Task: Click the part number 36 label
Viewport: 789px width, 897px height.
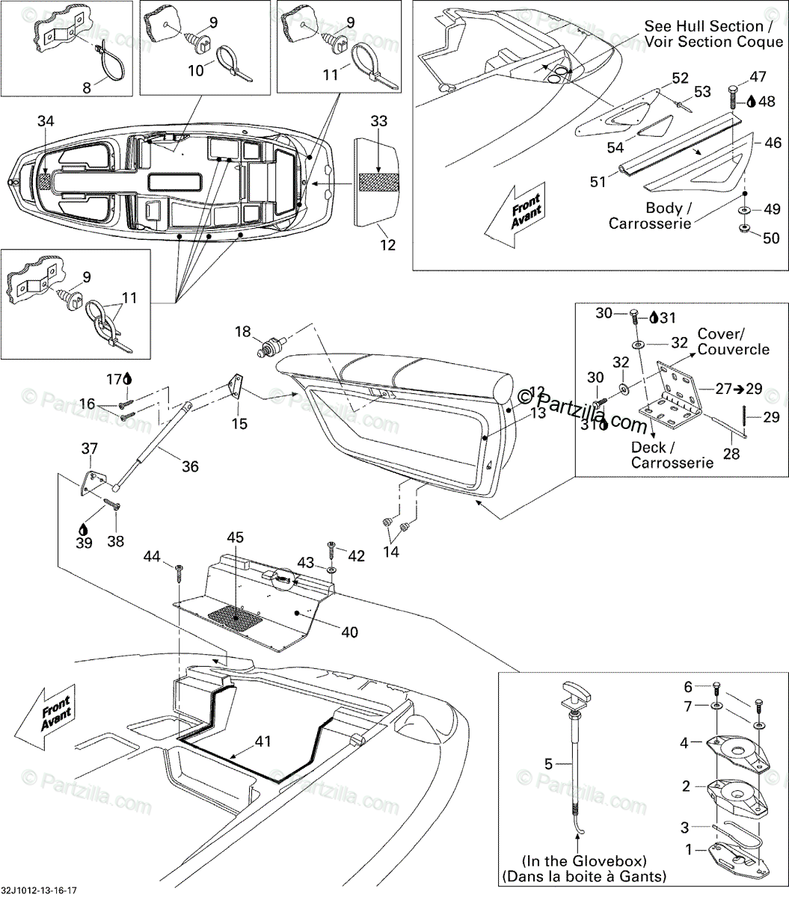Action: [x=190, y=466]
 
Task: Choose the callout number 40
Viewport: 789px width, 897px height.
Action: [x=349, y=632]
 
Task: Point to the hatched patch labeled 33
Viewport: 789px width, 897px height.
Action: [x=380, y=182]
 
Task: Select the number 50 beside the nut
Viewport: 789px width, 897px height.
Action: [x=771, y=238]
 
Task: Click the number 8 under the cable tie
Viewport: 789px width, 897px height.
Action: [x=87, y=87]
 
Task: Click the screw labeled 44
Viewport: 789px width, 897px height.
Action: [x=179, y=572]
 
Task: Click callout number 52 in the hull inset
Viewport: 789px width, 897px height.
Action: [x=680, y=78]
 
